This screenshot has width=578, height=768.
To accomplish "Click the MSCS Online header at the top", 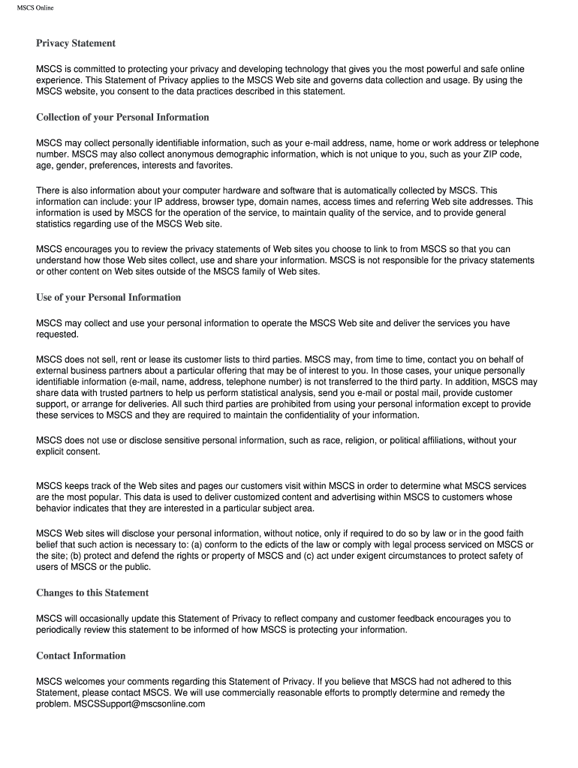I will (35, 8).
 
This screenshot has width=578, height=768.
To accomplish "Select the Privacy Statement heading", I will (76, 43).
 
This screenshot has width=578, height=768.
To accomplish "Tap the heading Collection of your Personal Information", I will (122, 118).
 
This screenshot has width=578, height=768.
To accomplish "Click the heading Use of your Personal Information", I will (108, 298).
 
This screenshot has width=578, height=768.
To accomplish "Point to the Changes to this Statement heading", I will (92, 593).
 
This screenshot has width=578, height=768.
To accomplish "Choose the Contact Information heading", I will (81, 656).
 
